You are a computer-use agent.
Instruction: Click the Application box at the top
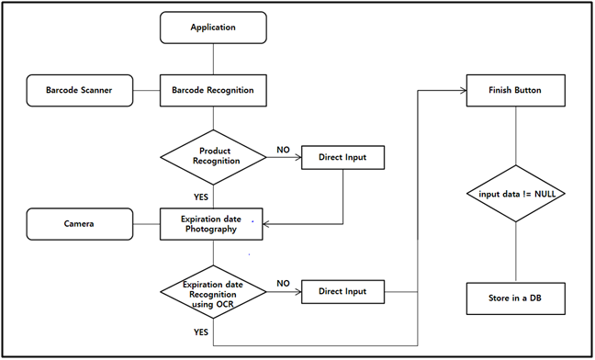[x=213, y=28]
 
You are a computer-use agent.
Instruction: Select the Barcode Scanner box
[x=81, y=91]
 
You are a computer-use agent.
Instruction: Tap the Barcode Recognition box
[x=213, y=91]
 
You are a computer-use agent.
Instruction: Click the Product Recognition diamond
[x=213, y=154]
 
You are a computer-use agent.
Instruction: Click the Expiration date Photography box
[x=213, y=223]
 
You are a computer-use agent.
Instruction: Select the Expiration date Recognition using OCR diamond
[x=213, y=291]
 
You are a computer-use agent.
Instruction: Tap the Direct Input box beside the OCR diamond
[x=342, y=291]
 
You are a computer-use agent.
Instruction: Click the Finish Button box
[x=514, y=91]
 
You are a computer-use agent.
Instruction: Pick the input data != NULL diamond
[x=514, y=194]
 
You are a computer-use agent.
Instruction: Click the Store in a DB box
[x=514, y=298]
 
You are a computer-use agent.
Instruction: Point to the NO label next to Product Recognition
[x=283, y=148]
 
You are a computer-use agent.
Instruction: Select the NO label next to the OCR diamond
[x=284, y=283]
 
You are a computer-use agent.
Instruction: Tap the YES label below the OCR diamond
[x=199, y=332]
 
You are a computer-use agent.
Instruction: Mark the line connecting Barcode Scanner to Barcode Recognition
[x=147, y=91]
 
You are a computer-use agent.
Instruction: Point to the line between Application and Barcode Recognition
[x=213, y=59]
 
